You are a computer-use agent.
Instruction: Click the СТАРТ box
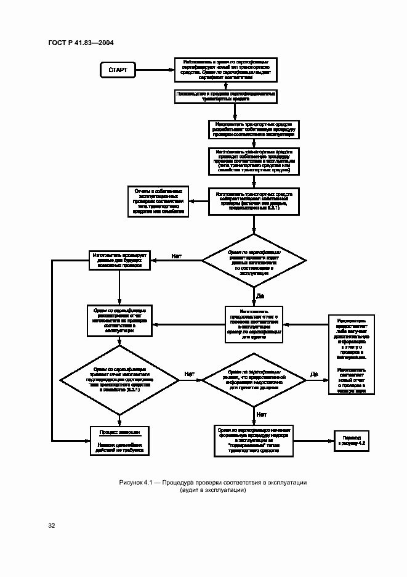118,70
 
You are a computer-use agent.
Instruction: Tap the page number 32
52,526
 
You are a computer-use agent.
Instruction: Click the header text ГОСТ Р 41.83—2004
81,42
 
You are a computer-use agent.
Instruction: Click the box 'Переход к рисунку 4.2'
351,439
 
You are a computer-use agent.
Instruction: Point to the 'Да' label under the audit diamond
260,296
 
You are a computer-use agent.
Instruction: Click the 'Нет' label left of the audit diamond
177,255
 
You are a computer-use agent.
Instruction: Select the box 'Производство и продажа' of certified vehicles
225,96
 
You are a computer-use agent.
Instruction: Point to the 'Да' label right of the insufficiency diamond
314,374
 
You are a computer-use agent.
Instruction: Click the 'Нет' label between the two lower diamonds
190,374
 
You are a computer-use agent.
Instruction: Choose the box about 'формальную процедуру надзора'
253,440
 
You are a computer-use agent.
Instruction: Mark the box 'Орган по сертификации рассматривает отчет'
119,320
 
